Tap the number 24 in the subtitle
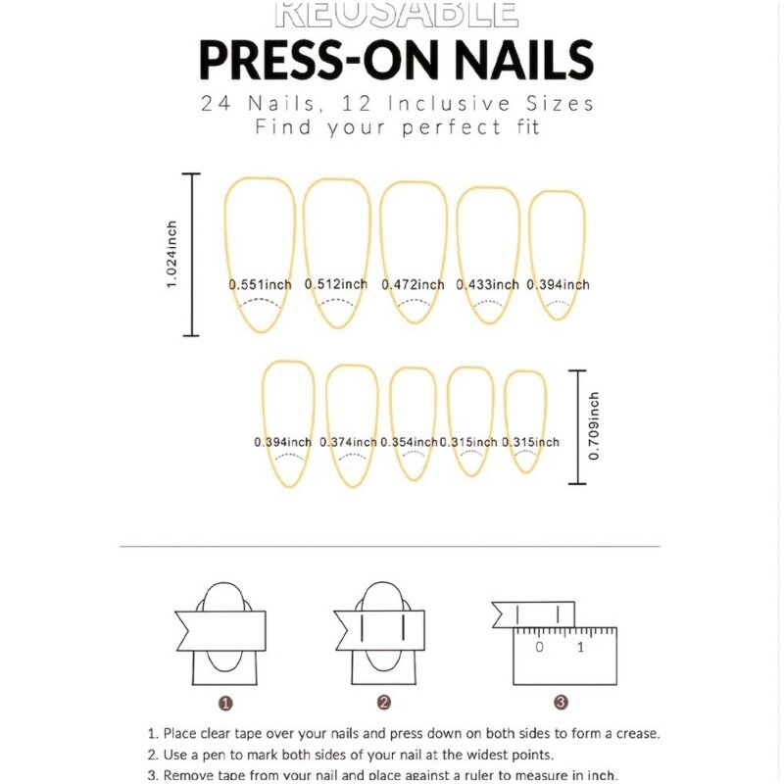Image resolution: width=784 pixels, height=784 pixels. [218, 102]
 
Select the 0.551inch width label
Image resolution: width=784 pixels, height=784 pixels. [261, 284]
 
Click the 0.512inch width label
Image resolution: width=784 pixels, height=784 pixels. [336, 284]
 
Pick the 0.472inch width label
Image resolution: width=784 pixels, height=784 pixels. [413, 284]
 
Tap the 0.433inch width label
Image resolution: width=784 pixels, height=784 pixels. [487, 284]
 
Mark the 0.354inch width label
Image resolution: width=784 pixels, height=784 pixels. [409, 442]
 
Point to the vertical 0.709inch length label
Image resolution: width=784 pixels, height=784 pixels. [594, 426]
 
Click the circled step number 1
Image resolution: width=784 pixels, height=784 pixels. [225, 703]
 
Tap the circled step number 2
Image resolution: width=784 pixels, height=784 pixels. [384, 703]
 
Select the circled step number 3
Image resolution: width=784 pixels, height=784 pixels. [561, 703]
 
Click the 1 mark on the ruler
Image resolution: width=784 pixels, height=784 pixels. [581, 647]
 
